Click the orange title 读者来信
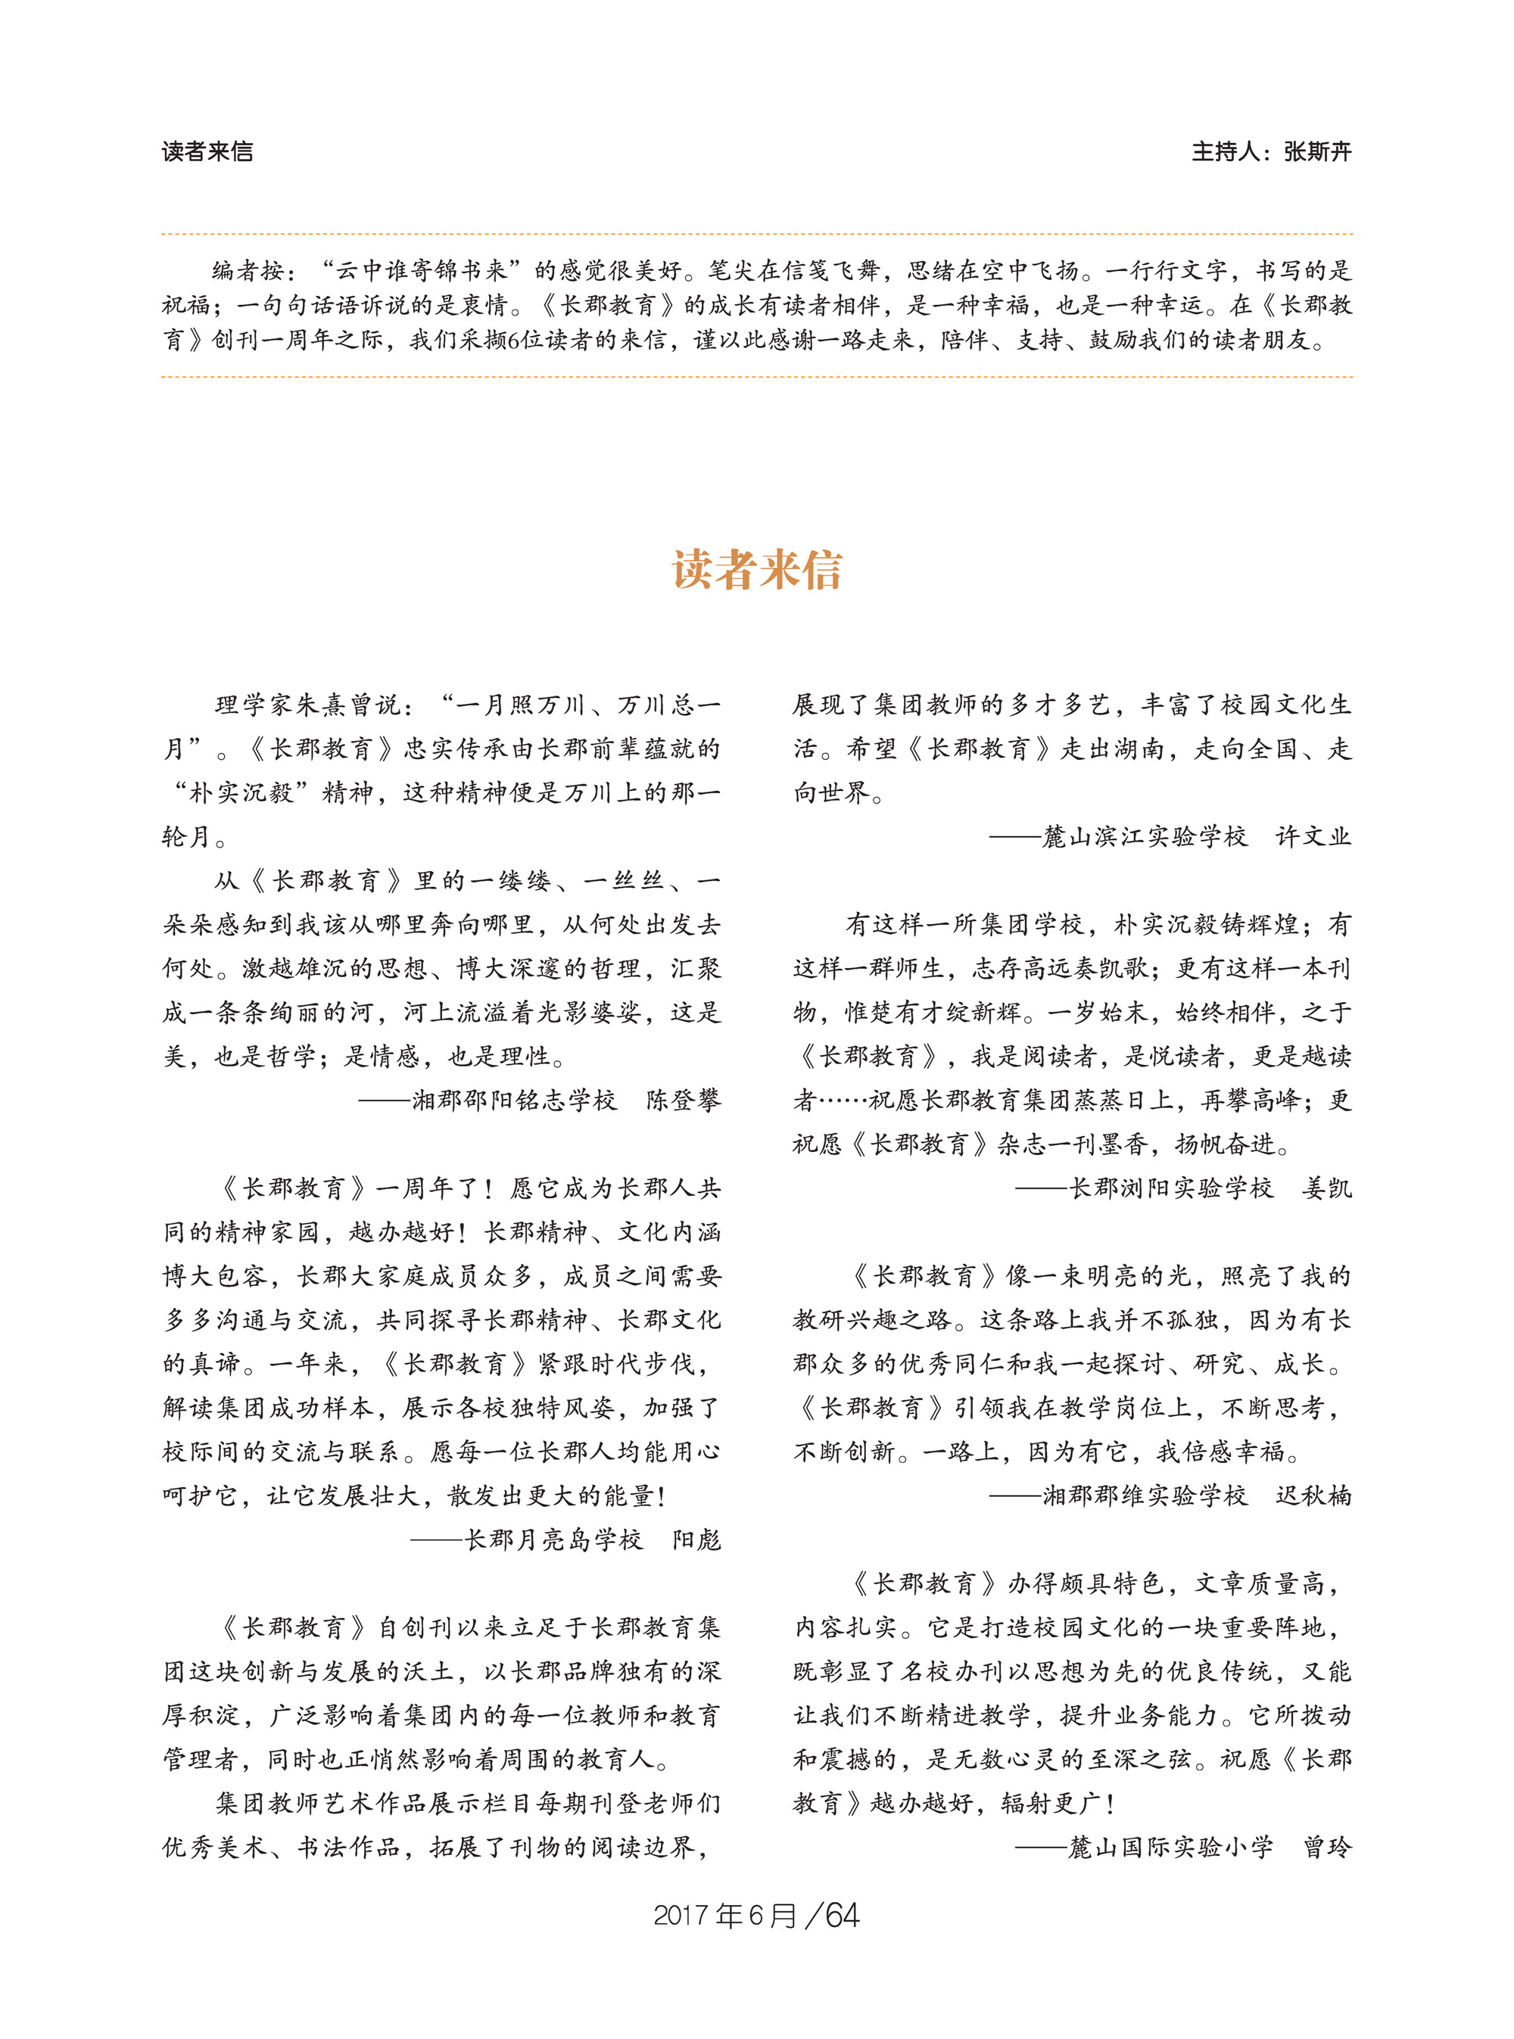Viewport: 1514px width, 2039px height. tap(757, 570)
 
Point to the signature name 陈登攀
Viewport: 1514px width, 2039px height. tap(683, 1100)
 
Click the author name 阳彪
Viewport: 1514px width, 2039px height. tap(696, 1539)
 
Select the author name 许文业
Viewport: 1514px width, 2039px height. tap(1313, 836)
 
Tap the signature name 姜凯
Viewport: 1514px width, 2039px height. tap(1326, 1188)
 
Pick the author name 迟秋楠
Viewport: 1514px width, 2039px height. tap(1313, 1496)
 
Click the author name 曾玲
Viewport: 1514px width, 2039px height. tap(1326, 1848)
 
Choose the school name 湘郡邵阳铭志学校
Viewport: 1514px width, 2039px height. tap(514, 1100)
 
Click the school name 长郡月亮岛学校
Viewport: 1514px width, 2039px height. tap(553, 1539)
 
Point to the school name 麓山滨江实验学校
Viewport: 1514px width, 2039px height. tap(1145, 836)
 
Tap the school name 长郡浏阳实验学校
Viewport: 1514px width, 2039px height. tap(1171, 1188)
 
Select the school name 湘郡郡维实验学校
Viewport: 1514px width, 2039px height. tap(1145, 1496)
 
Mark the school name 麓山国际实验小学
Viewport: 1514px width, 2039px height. tap(1171, 1848)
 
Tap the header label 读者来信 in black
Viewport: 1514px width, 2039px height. tap(207, 152)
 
